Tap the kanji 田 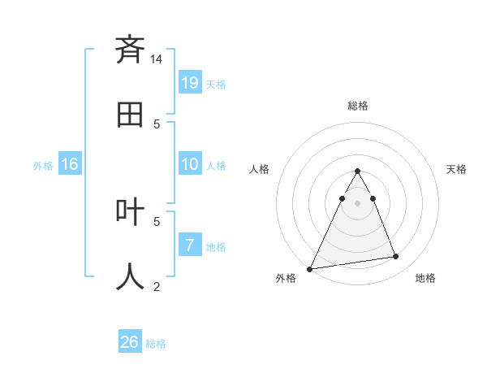coord(130,115)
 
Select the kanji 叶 coord(130,212)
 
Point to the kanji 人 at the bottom coord(130,277)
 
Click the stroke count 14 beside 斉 coord(157,59)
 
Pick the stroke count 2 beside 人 coord(157,286)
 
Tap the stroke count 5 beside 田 coord(157,124)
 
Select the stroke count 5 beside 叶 coord(157,220)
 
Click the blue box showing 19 coord(190,82)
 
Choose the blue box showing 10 coord(190,164)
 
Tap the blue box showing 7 coord(190,245)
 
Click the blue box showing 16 coord(70,164)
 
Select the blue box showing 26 coord(130,342)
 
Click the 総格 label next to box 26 coord(156,344)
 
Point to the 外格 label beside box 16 coord(43,166)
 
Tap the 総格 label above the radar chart coord(357,106)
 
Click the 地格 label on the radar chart coord(425,278)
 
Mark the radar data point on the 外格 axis coord(310,269)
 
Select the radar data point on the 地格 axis coord(396,257)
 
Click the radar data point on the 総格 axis coord(357,171)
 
